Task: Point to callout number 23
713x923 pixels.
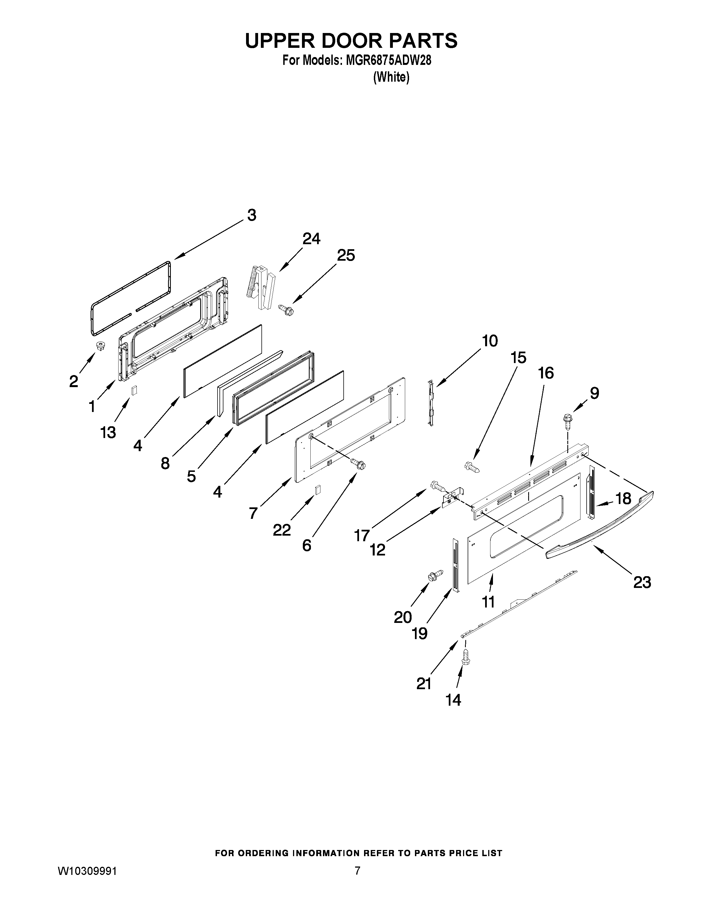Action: (642, 582)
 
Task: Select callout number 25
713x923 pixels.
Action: (346, 255)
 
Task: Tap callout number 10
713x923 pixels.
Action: (490, 341)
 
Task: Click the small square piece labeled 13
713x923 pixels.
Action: (134, 390)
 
